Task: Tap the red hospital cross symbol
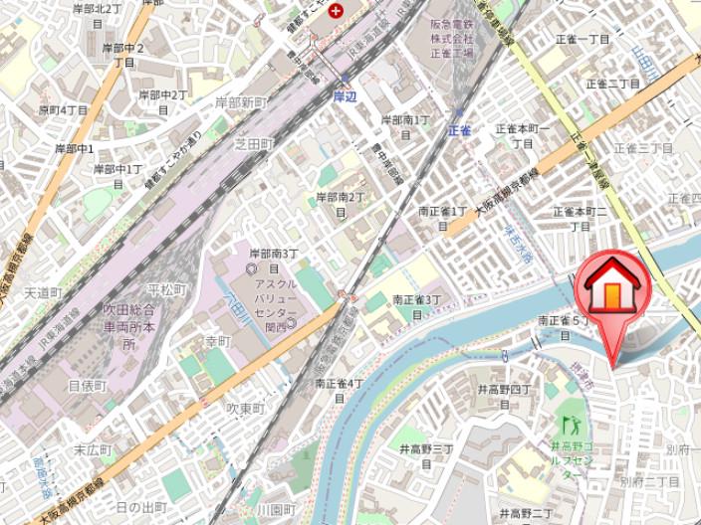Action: (337, 11)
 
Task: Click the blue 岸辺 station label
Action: (345, 96)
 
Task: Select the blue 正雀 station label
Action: (459, 129)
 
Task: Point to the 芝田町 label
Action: (253, 144)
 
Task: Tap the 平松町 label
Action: (166, 289)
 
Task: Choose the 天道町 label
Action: (44, 293)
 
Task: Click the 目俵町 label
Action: (87, 385)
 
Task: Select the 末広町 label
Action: (94, 449)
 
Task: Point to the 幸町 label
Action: (217, 341)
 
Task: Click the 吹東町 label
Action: (244, 409)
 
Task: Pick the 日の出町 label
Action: (140, 507)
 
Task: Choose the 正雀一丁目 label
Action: (583, 39)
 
